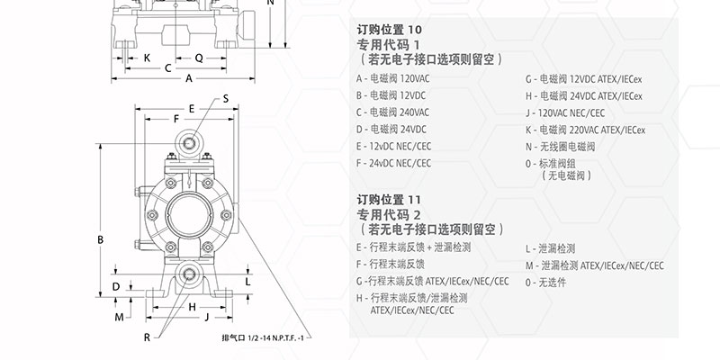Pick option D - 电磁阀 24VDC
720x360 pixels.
click(x=392, y=129)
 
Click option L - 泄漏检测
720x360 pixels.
click(x=551, y=248)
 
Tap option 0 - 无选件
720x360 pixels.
click(x=545, y=282)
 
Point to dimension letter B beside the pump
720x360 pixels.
click(x=101, y=238)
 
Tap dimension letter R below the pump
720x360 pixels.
click(x=147, y=337)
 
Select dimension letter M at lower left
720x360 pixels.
click(x=118, y=317)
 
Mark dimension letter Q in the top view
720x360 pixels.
click(x=199, y=57)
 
